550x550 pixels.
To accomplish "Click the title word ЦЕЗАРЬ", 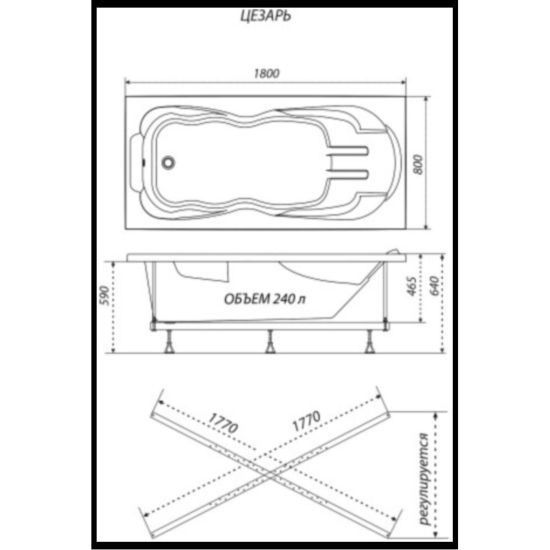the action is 265,16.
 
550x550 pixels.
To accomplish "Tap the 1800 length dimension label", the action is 267,73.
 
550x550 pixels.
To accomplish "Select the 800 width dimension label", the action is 418,165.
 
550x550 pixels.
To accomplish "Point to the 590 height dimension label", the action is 104,295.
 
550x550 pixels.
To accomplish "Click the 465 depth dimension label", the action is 412,286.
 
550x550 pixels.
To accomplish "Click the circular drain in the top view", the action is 168,162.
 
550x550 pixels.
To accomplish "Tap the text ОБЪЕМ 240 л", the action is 265,299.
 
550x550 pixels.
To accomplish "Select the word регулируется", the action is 424,479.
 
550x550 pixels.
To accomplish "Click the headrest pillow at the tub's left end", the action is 136,163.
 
